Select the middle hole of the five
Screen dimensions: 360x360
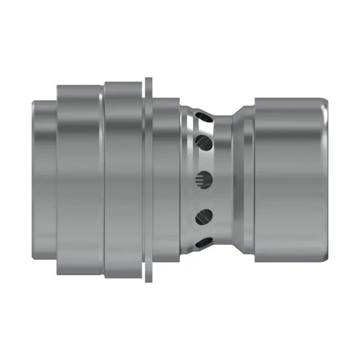pyautogui.click(x=203, y=180)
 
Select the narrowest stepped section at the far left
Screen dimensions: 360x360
pyautogui.click(x=45, y=180)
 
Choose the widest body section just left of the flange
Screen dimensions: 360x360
pyautogui.click(x=124, y=180)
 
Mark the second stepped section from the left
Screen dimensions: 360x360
pyautogui.click(x=79, y=180)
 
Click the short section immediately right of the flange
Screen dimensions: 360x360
pyautogui.click(x=166, y=180)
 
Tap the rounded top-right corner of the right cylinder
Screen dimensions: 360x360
pyautogui.click(x=325, y=101)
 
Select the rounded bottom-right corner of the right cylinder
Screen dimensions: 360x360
pyautogui.click(x=325, y=259)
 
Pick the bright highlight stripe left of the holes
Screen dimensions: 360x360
pyautogui.click(x=191, y=180)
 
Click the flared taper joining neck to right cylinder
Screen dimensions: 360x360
pyautogui.click(x=243, y=180)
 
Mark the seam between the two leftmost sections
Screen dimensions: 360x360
pyautogui.click(x=57, y=180)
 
